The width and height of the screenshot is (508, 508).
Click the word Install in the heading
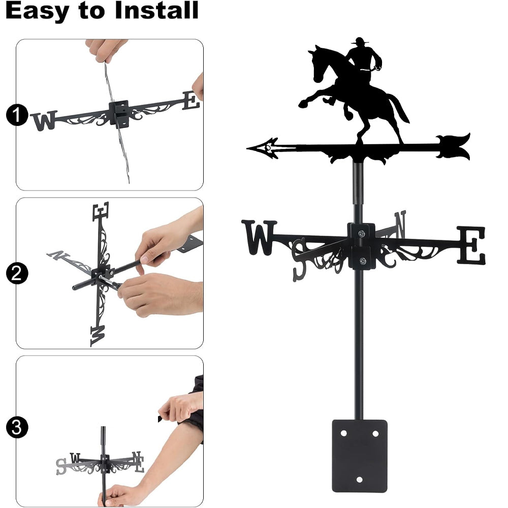(x=156, y=10)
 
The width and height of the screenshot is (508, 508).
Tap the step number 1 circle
(x=17, y=115)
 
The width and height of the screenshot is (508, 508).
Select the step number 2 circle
(x=17, y=273)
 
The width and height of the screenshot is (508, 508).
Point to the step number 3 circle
(x=17, y=427)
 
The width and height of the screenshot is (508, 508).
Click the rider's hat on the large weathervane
(x=359, y=41)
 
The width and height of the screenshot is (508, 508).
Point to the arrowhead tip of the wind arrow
(x=247, y=148)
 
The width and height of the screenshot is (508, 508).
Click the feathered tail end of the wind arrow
(x=454, y=147)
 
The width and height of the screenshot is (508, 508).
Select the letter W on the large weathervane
(x=259, y=237)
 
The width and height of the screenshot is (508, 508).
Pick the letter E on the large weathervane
(x=471, y=245)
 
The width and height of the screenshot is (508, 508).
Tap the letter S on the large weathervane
(x=299, y=259)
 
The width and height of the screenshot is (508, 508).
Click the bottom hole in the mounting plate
(x=359, y=480)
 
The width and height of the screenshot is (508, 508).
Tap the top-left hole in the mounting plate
(x=343, y=433)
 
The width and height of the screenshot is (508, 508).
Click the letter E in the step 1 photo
(x=190, y=101)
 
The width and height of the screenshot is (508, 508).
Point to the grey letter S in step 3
(x=60, y=467)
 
